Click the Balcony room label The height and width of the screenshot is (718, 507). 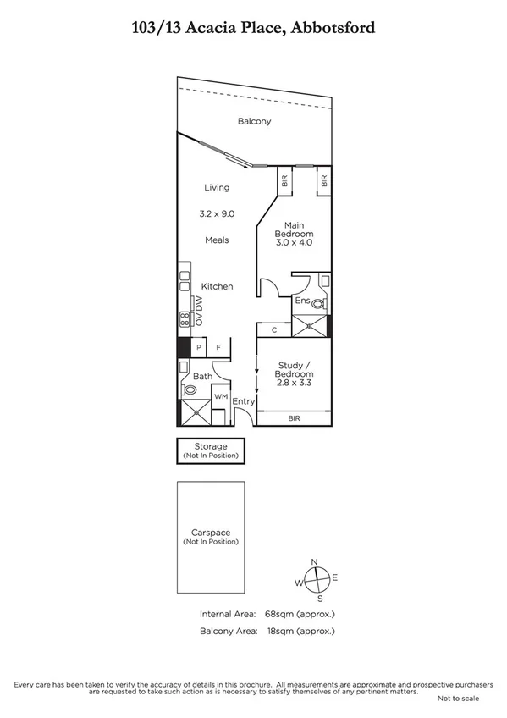coord(254,122)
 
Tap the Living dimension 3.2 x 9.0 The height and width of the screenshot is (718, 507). coord(217,214)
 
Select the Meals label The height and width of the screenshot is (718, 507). coord(217,240)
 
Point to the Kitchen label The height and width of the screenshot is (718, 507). coord(217,287)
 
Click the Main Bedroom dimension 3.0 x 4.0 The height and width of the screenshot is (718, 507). coord(295,243)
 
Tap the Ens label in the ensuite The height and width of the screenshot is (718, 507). coord(301,301)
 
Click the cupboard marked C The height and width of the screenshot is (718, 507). coord(274,330)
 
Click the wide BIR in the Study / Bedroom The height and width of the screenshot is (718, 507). coord(294,417)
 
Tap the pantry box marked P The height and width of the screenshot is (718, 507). coord(199,347)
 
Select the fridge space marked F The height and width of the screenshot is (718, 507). coord(218,347)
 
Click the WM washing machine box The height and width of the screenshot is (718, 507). coord(219,396)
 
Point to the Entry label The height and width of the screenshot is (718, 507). coord(244,401)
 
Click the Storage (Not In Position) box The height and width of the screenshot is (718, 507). coord(211,450)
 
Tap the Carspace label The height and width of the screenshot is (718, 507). coord(211,533)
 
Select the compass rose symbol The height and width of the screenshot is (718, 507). coord(315,579)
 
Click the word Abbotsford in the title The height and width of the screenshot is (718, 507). coord(333,28)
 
